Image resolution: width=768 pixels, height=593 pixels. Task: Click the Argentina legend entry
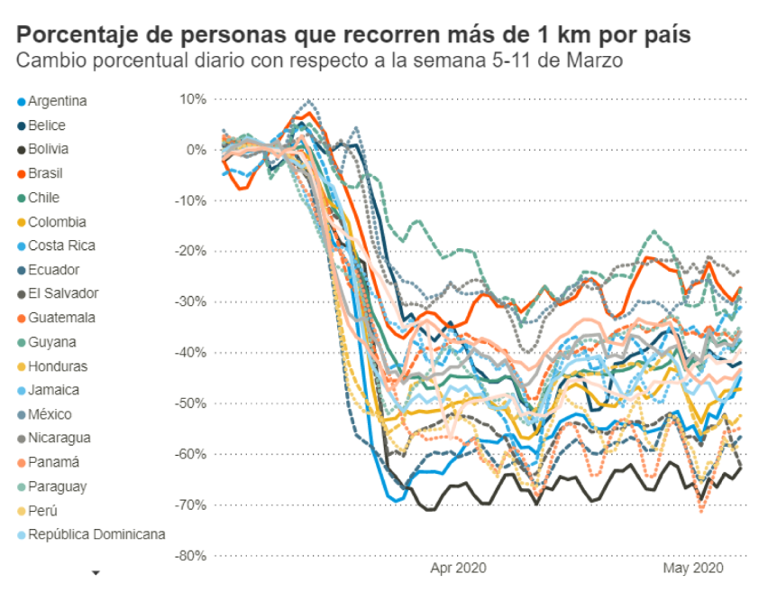(57, 101)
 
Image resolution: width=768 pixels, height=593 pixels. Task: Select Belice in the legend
(46, 125)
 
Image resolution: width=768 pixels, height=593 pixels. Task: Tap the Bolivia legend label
(48, 149)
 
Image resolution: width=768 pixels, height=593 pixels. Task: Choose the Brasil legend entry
(45, 173)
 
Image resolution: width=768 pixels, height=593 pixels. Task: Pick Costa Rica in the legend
(60, 246)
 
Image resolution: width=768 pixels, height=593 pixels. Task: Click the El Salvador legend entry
(62, 293)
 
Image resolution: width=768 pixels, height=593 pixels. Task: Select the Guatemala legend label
(60, 318)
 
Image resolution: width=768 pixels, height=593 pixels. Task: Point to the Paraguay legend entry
(57, 486)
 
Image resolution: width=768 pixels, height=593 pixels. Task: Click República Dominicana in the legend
(96, 533)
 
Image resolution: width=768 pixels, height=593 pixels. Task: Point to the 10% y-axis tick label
(191, 99)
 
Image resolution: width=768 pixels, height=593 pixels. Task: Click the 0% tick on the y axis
(196, 150)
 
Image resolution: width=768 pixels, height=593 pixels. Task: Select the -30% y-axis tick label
(189, 301)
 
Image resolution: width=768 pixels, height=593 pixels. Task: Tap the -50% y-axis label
(189, 403)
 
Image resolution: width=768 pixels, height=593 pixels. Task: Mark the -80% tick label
(189, 555)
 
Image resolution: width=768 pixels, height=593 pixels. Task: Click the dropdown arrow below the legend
(96, 572)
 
